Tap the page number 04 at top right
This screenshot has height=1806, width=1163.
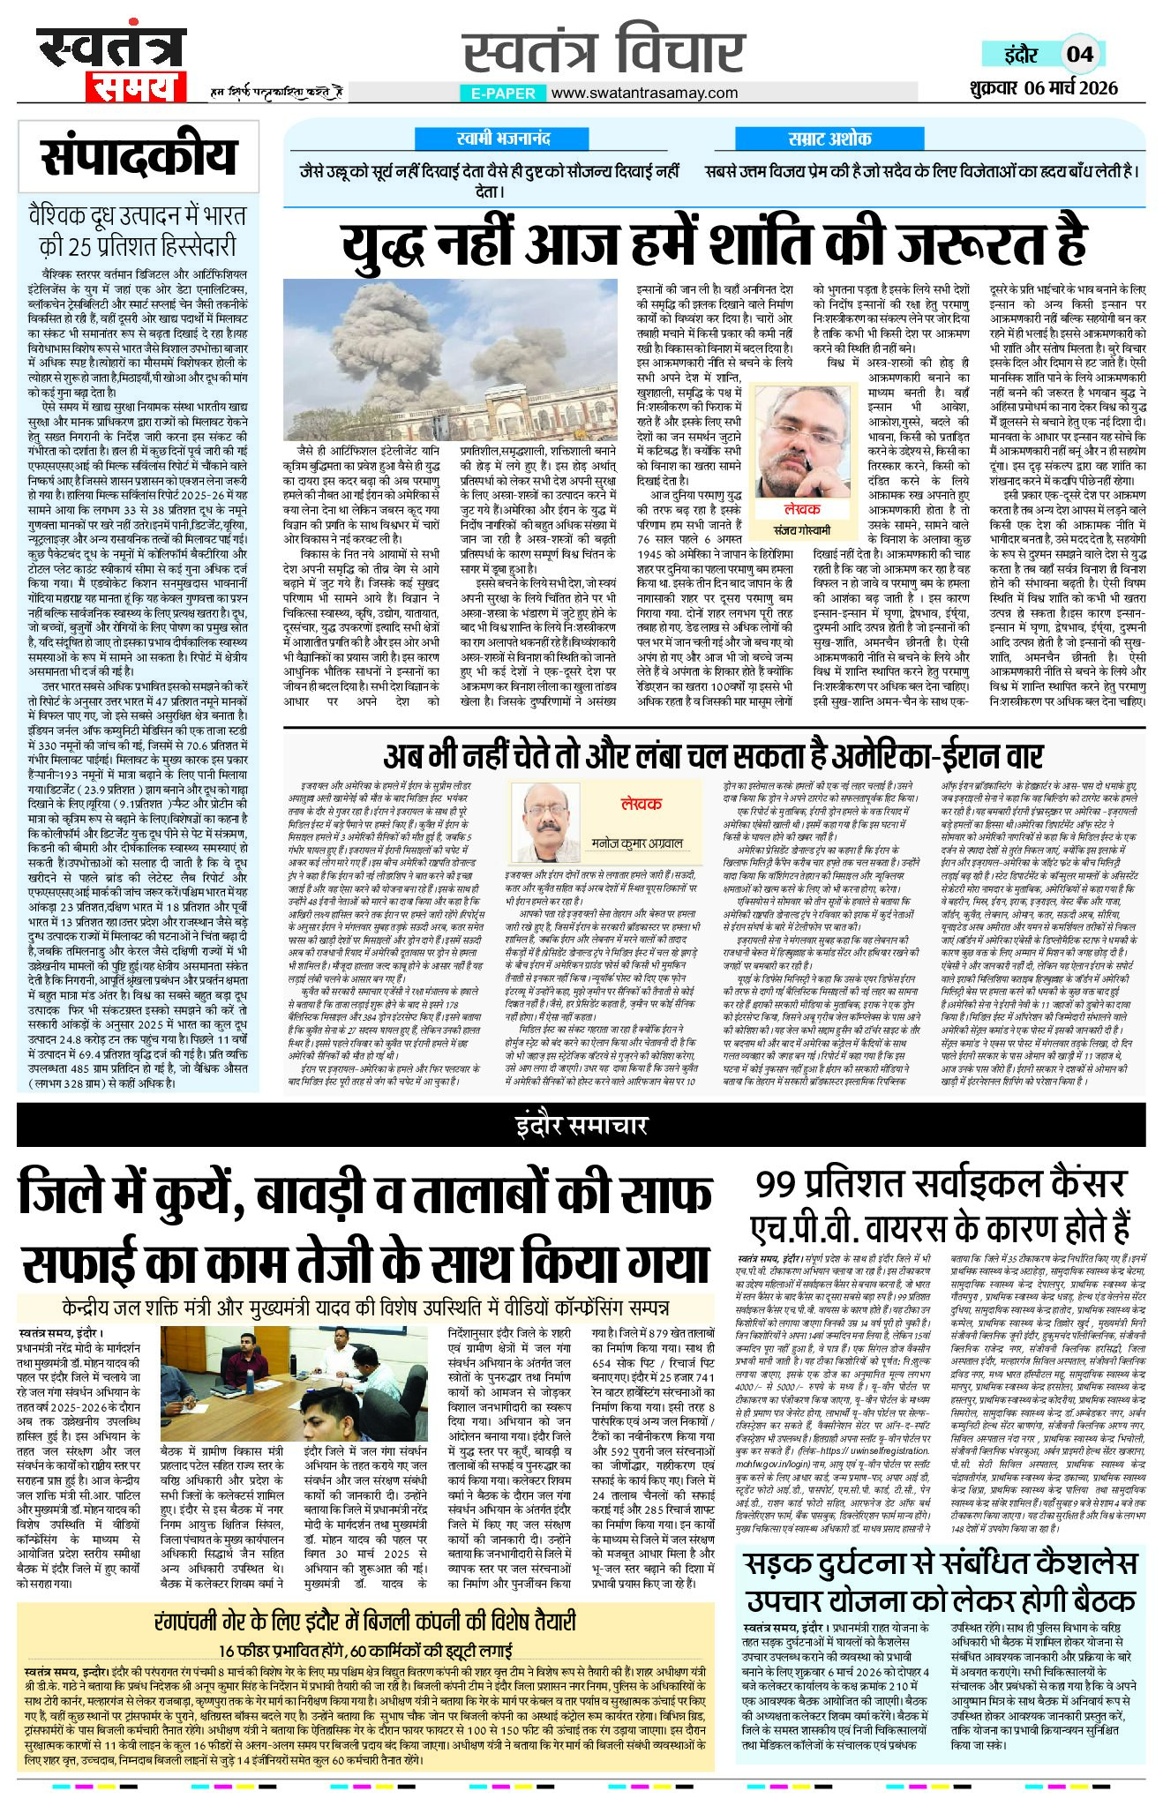[x=1080, y=54]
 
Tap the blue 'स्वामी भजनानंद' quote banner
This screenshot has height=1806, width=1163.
[x=504, y=139]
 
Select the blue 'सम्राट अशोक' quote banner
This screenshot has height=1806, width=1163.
[x=829, y=139]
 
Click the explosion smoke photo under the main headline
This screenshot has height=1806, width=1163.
[x=450, y=360]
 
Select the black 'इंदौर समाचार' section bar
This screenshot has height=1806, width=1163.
[x=581, y=1125]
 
